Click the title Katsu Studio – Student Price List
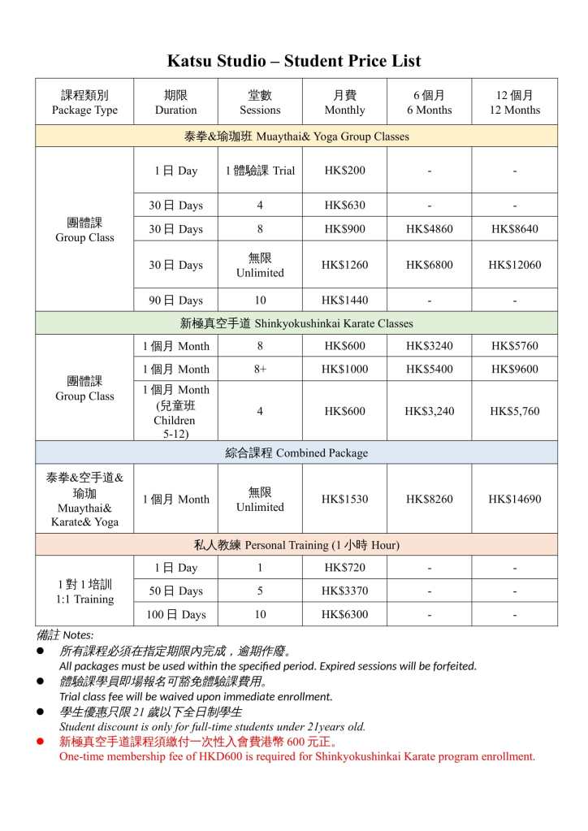point(294,61)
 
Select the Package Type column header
point(84,102)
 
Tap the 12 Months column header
point(514,102)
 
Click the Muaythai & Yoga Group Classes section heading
point(296,136)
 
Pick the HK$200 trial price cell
point(344,171)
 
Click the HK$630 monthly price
point(344,206)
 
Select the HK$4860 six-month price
point(429,229)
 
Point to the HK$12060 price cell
point(514,265)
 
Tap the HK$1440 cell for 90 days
point(344,301)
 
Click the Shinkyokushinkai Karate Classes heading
point(296,323)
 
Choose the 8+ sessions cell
point(260,369)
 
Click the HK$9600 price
point(514,369)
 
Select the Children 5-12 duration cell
point(175,412)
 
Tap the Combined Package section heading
point(296,452)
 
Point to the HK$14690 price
point(514,499)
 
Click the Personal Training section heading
point(296,544)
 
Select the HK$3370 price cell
point(344,591)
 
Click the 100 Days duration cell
point(175,614)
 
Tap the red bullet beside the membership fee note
point(41,742)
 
